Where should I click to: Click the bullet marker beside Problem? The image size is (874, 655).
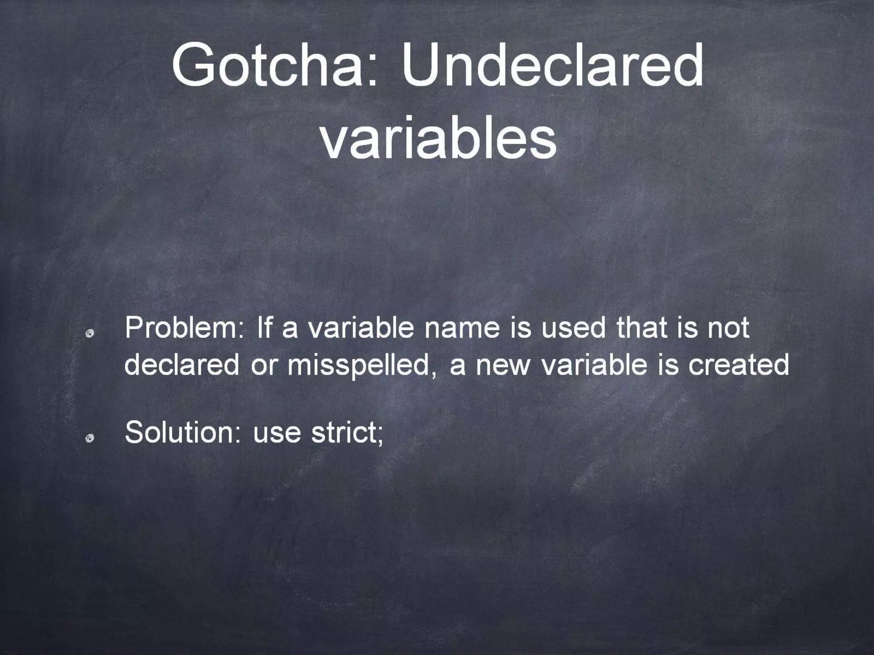[x=89, y=334]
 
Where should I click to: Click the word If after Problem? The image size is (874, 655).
[x=264, y=328]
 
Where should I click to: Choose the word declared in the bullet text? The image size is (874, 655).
[x=182, y=365]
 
